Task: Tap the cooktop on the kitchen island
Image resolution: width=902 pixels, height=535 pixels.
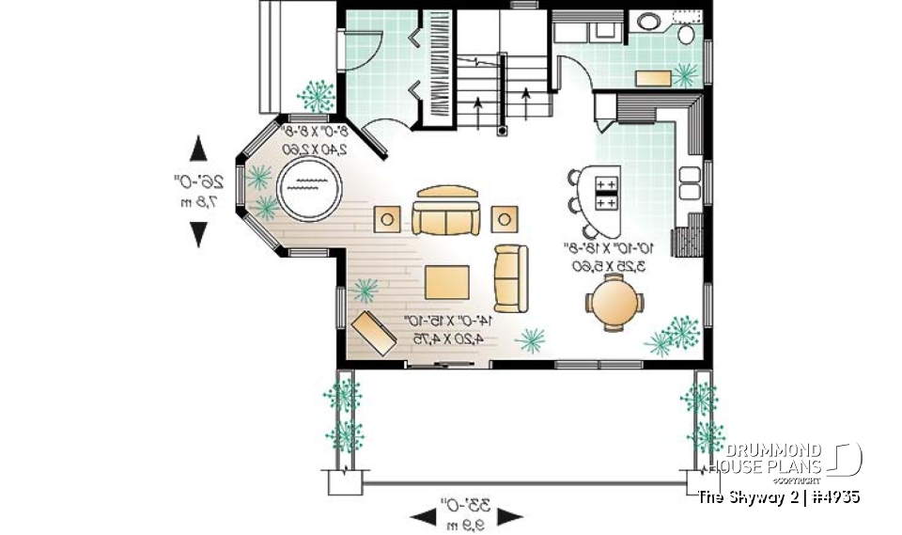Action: pyautogui.click(x=606, y=193)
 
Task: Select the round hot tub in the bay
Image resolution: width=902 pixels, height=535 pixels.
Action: pyautogui.click(x=310, y=186)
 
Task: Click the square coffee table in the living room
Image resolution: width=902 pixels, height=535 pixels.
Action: pyautogui.click(x=447, y=281)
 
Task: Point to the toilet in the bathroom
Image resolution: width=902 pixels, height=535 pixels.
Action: pyautogui.click(x=685, y=34)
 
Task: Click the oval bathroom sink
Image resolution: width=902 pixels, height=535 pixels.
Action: pyautogui.click(x=649, y=21)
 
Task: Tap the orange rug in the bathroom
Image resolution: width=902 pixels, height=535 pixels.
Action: pyautogui.click(x=656, y=76)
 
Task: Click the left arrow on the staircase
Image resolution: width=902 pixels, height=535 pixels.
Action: pyautogui.click(x=480, y=107)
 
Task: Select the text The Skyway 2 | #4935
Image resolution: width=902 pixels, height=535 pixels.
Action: pyautogui.click(x=779, y=496)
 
